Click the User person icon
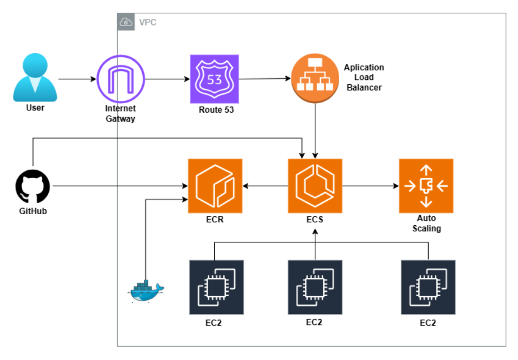click(x=35, y=78)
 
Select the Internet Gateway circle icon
click(x=120, y=79)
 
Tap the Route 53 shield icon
click(x=214, y=79)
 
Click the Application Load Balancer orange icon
click(x=315, y=79)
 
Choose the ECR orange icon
click(x=215, y=186)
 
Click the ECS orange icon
click(x=315, y=186)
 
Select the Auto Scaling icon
click(x=426, y=186)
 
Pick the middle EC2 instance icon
click(x=315, y=287)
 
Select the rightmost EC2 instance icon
click(x=428, y=287)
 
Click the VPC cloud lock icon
click(x=125, y=22)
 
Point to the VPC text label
click(x=147, y=22)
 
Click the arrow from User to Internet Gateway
click(x=77, y=79)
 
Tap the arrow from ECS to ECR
click(x=265, y=186)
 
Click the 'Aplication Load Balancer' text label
click(x=364, y=77)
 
